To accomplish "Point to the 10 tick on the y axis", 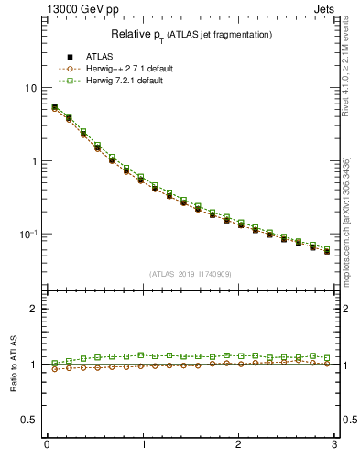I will click(30, 88).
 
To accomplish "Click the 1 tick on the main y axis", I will click(33, 161).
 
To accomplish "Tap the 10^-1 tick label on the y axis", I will click(28, 234).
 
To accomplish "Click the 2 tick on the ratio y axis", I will click(33, 309).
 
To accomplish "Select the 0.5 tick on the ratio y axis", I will click(29, 420).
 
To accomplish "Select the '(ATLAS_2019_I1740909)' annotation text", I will click(191, 273).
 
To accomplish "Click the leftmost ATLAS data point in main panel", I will click(54, 108).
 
